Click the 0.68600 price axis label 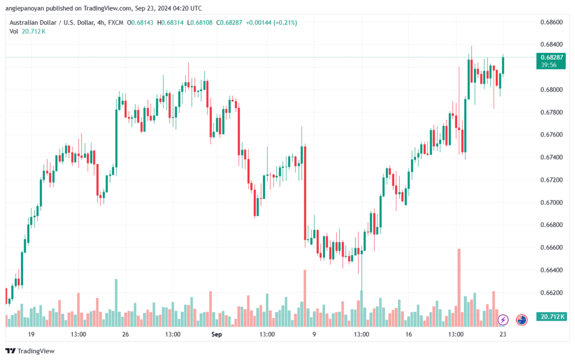[x=550, y=22]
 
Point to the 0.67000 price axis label [x=550, y=202]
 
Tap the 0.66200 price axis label [x=550, y=293]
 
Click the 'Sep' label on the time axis [x=217, y=334]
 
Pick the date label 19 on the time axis [x=31, y=334]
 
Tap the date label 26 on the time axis [x=125, y=334]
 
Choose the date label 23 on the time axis [x=503, y=334]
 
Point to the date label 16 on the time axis [x=408, y=334]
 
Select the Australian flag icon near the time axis [x=522, y=320]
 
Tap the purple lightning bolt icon [x=503, y=320]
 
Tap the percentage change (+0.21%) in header [x=284, y=22]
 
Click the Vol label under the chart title [x=14, y=31]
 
